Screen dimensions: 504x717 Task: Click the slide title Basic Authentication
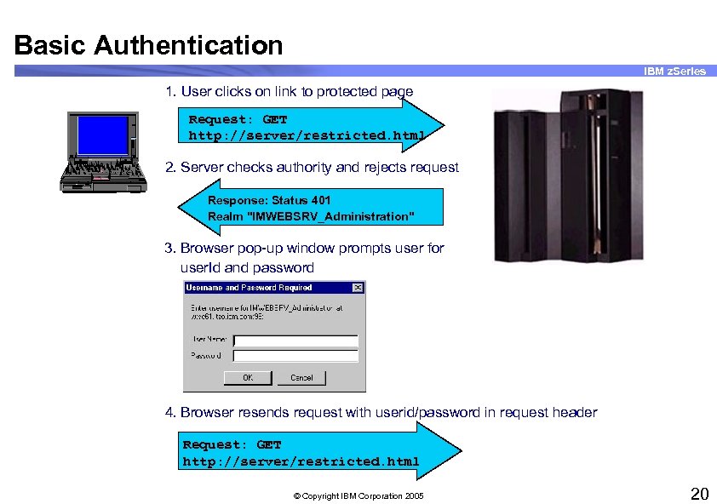point(149,44)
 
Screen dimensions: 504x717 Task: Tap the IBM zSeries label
point(674,72)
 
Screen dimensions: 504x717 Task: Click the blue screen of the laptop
point(102,134)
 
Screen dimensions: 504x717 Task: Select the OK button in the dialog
point(247,377)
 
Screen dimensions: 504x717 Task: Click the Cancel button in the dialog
point(301,377)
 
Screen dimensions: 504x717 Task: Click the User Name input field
point(295,341)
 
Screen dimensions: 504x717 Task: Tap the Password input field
point(295,356)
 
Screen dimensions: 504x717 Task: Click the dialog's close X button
point(358,288)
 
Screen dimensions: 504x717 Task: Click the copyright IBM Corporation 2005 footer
point(358,495)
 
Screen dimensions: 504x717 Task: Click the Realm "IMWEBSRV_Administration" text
point(311,216)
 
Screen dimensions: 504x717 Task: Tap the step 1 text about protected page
point(290,91)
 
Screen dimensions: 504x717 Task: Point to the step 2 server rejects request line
point(312,167)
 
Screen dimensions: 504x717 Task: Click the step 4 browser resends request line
point(381,412)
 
